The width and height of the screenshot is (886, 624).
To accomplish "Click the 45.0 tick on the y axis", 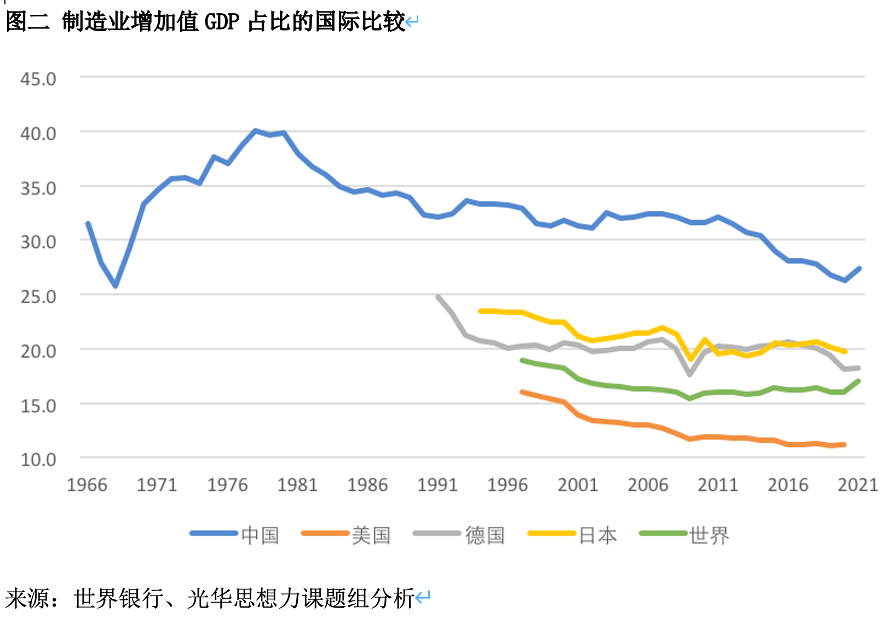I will click(38, 79).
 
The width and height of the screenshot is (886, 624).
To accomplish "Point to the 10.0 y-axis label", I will click(38, 459).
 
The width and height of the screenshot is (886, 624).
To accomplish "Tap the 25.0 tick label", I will click(38, 296).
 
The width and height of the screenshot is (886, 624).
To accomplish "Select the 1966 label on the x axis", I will click(87, 484).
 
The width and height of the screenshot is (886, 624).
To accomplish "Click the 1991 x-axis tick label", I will click(438, 484).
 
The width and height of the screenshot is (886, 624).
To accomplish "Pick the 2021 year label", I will click(858, 484).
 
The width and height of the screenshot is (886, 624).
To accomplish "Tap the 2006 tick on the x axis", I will click(648, 484).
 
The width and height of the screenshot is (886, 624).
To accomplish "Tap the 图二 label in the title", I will click(27, 22).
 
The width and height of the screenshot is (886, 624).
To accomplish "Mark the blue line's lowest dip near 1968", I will click(116, 286).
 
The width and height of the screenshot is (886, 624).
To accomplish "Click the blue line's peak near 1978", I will click(255, 131).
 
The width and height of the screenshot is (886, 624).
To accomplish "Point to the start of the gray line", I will click(438, 297).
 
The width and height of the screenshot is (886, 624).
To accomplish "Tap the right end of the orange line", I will click(844, 444).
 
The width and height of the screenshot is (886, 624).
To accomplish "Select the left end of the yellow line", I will click(481, 311).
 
